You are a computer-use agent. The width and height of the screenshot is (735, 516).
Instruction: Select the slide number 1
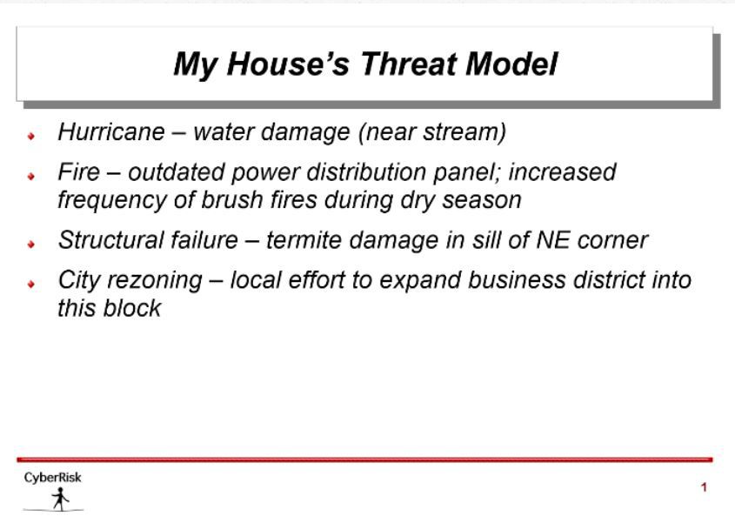tap(704, 487)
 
